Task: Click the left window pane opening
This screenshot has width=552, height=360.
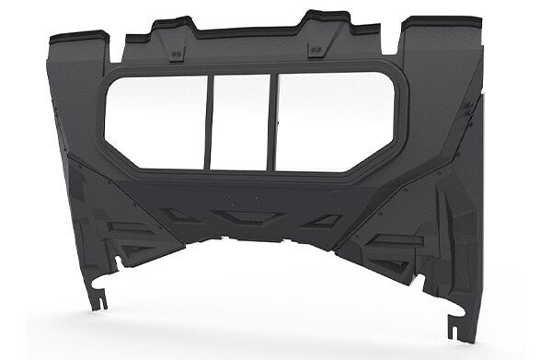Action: (154, 121)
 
